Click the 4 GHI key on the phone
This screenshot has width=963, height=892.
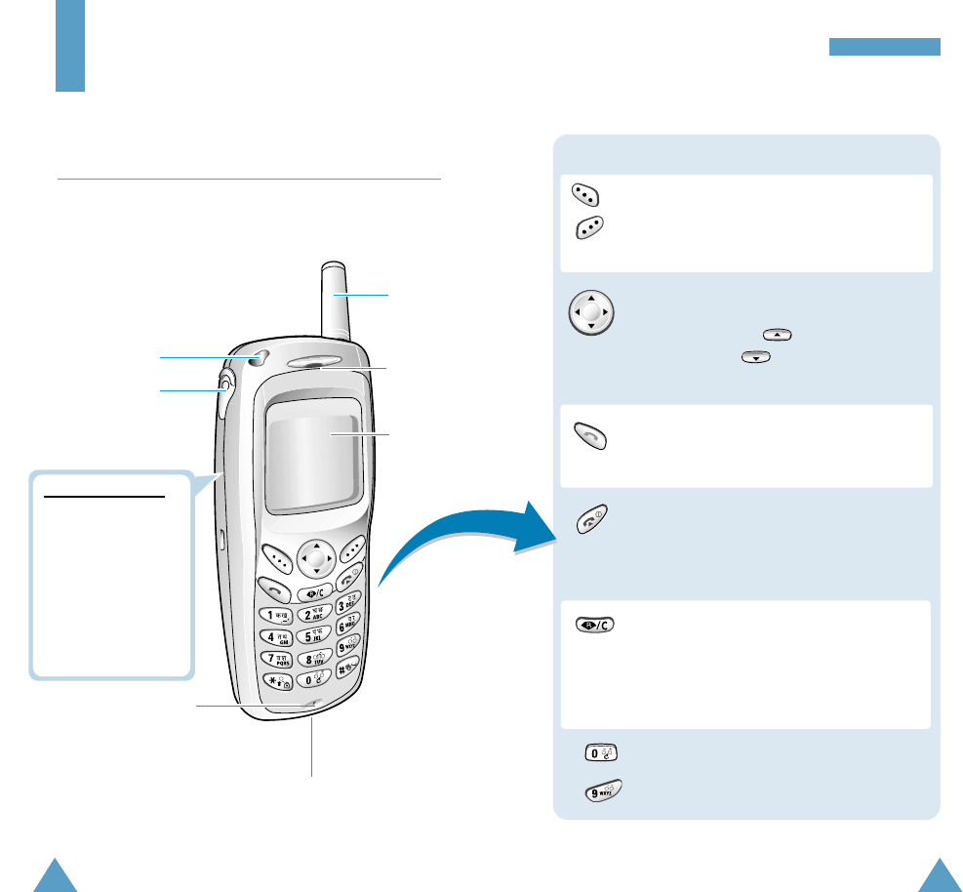coord(275,637)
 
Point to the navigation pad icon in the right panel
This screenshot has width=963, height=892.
coord(590,313)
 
